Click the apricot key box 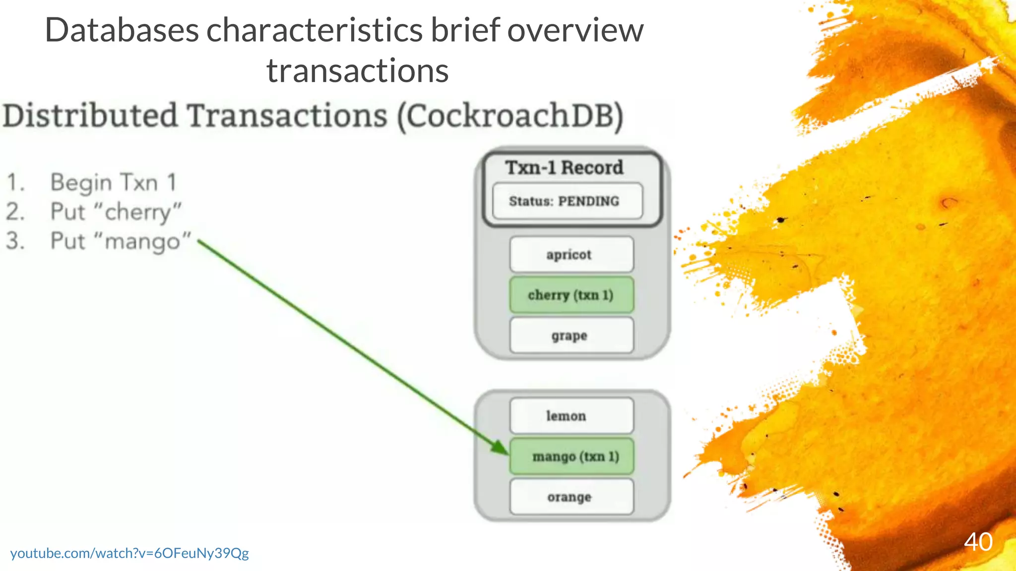571,255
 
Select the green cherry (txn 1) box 571,295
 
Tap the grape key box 571,336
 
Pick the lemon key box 571,416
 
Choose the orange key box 571,497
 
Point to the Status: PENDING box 567,201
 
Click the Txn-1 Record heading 564,168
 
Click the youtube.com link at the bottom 129,553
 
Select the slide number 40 978,542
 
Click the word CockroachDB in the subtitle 510,116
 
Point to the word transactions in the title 357,71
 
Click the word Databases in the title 122,30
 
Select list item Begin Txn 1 113,182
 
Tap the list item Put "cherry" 116,212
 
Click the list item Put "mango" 121,241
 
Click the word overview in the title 575,30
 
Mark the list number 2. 15,212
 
